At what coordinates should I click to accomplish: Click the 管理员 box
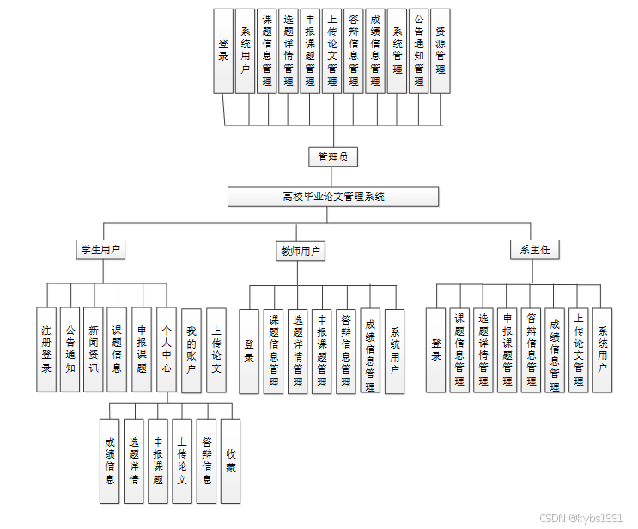(332, 156)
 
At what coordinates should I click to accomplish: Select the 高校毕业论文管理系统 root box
(333, 197)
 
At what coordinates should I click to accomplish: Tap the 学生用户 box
(101, 250)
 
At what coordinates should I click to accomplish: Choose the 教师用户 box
(300, 252)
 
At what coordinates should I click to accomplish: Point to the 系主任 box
(534, 250)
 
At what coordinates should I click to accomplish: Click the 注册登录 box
(46, 350)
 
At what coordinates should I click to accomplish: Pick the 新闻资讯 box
(94, 350)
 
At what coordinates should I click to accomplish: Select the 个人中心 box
(167, 350)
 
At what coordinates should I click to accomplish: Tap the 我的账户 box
(191, 350)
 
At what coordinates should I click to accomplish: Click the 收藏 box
(230, 461)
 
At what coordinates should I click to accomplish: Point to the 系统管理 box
(397, 51)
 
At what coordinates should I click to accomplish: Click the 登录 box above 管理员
(223, 51)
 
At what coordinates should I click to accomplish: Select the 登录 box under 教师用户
(249, 351)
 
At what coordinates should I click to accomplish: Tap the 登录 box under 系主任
(436, 350)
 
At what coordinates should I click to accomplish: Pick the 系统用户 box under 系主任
(603, 350)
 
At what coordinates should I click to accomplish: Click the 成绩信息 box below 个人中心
(109, 461)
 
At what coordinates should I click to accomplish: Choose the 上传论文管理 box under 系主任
(579, 350)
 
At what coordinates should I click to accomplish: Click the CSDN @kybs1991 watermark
(581, 519)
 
